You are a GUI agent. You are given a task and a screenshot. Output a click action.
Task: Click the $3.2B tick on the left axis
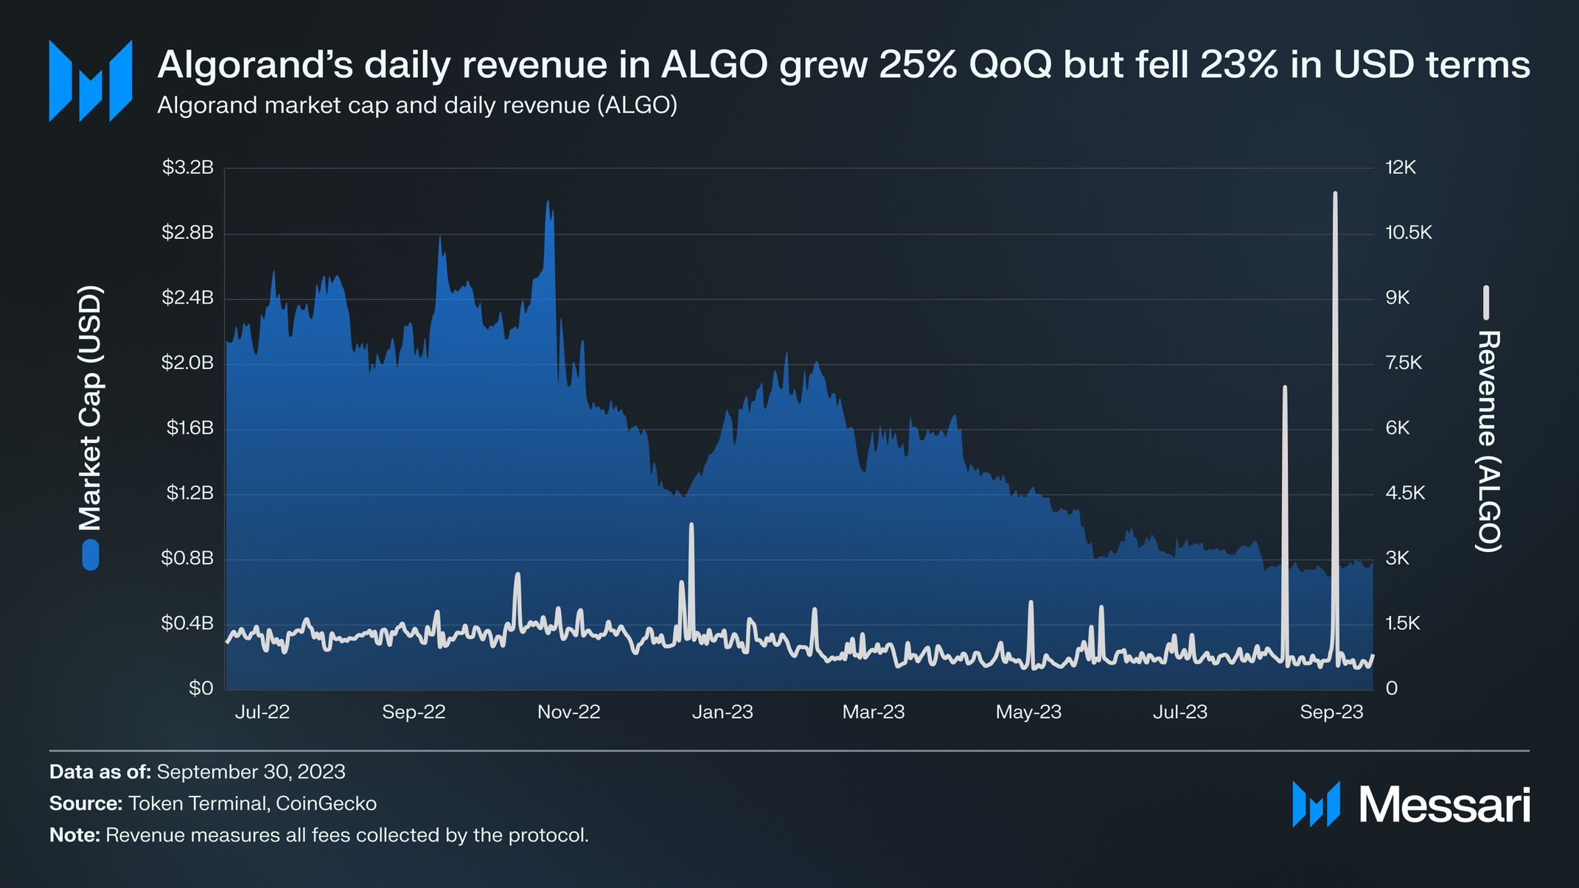pyautogui.click(x=187, y=168)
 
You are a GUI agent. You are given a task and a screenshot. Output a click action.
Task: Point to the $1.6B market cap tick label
pyautogui.click(x=189, y=428)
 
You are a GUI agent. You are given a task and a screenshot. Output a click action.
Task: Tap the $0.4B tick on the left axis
pyautogui.click(x=187, y=623)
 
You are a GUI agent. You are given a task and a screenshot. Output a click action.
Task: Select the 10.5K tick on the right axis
pyautogui.click(x=1408, y=233)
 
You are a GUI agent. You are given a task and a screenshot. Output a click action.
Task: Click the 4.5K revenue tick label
pyautogui.click(x=1405, y=493)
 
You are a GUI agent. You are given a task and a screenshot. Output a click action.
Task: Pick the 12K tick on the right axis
pyautogui.click(x=1401, y=168)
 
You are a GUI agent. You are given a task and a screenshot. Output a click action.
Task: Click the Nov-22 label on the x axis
pyautogui.click(x=568, y=712)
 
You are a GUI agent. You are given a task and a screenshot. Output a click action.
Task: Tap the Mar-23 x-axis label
pyautogui.click(x=873, y=712)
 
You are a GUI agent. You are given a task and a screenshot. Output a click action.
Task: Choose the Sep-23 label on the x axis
pyautogui.click(x=1331, y=712)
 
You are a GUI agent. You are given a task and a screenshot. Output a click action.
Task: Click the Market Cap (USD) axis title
pyautogui.click(x=90, y=408)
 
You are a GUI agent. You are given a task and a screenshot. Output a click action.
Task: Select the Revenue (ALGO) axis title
pyautogui.click(x=1488, y=441)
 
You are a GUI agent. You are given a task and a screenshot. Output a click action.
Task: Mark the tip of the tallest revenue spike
pyautogui.click(x=1335, y=193)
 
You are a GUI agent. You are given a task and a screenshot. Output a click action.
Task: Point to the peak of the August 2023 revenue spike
pyautogui.click(x=1284, y=387)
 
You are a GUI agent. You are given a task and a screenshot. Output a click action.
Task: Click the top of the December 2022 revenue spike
pyautogui.click(x=691, y=525)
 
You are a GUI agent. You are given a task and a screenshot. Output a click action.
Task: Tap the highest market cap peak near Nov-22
pyautogui.click(x=548, y=201)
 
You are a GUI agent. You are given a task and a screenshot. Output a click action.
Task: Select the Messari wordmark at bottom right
pyautogui.click(x=1444, y=805)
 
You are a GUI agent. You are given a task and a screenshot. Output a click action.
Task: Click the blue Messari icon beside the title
pyautogui.click(x=90, y=80)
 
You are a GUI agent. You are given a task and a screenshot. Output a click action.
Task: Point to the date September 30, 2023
pyautogui.click(x=251, y=772)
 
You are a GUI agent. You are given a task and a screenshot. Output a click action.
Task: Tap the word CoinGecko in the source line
pyautogui.click(x=326, y=803)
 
